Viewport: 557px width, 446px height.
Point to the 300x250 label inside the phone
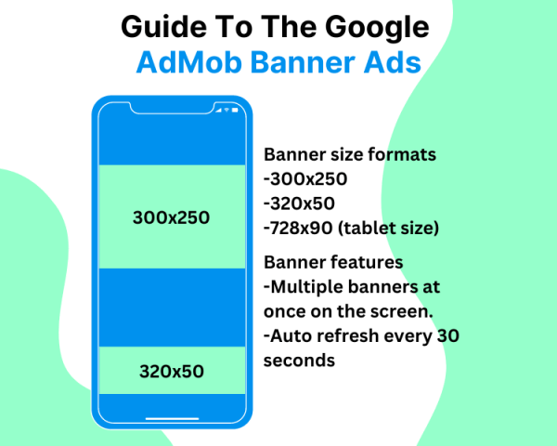(x=171, y=217)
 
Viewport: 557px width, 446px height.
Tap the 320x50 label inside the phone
(x=171, y=372)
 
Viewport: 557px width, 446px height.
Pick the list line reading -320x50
(x=299, y=203)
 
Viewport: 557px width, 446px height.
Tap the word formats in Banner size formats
(x=406, y=155)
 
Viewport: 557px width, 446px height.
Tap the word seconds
(x=299, y=359)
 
